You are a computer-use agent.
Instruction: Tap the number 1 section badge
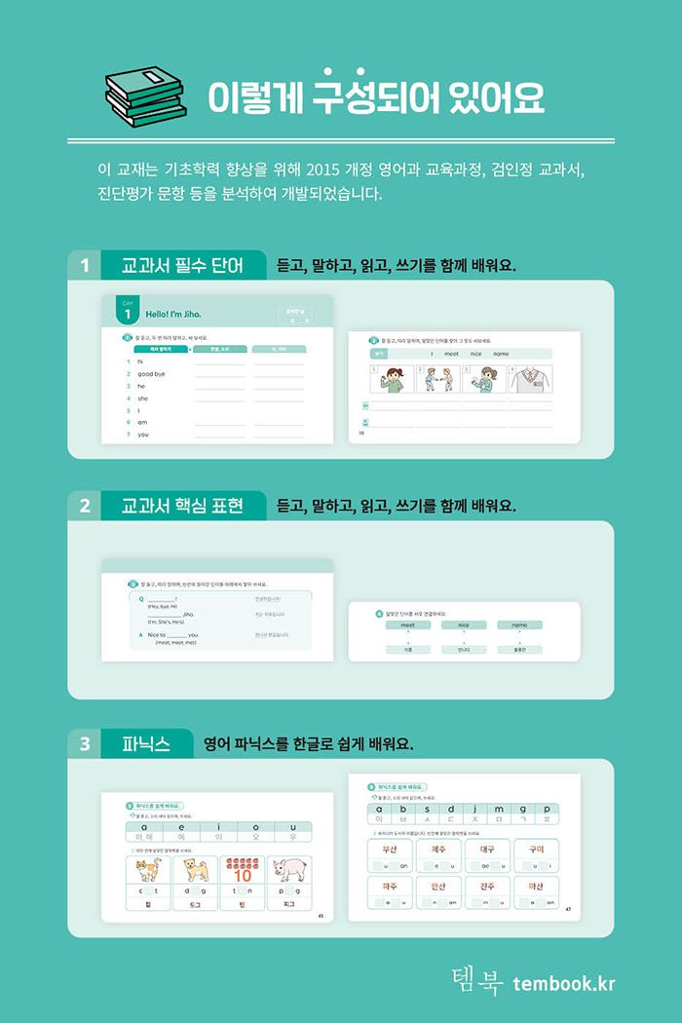coord(85,265)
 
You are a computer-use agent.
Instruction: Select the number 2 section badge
coord(85,506)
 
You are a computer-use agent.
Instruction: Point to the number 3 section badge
coord(85,744)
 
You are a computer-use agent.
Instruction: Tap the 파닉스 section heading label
coord(147,744)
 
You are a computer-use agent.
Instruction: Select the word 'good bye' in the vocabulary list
coord(151,374)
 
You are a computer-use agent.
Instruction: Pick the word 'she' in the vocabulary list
coord(143,398)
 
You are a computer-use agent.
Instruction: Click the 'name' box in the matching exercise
coord(519,625)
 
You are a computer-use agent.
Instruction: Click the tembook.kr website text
coord(564,983)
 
